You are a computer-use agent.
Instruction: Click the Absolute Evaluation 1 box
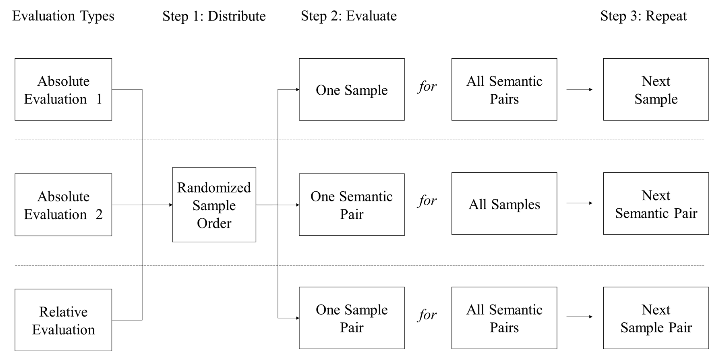tap(63, 90)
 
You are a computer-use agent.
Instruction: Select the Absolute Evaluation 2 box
tap(63, 205)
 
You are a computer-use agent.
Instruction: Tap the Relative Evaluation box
tap(63, 320)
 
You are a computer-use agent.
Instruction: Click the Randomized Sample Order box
tap(214, 205)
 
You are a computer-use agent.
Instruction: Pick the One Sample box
tap(352, 90)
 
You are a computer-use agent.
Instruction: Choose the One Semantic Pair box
tap(352, 205)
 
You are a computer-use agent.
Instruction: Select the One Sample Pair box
tap(352, 318)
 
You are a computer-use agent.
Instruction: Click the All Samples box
tap(504, 204)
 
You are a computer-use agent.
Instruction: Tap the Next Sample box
tap(656, 90)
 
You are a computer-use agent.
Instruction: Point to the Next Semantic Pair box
tap(656, 204)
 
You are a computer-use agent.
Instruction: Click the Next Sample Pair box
tap(656, 318)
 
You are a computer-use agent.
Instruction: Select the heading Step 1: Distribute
tap(214, 16)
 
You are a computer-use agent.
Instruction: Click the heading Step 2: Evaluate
tap(349, 16)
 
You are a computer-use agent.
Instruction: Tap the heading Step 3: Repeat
tap(643, 16)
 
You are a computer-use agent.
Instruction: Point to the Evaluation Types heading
tap(63, 16)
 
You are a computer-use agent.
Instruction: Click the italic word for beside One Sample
tap(427, 87)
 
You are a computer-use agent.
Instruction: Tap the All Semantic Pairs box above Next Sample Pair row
tap(504, 318)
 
